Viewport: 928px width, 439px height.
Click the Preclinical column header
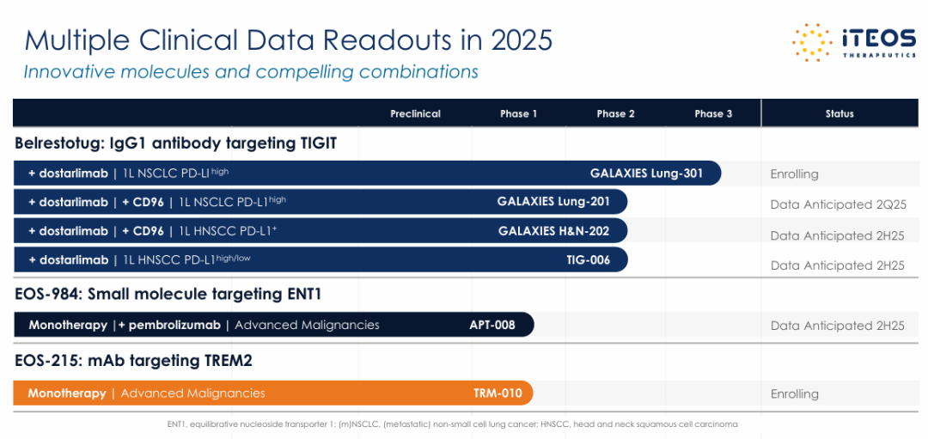pyautogui.click(x=415, y=113)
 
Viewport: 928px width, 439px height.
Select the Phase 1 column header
pyautogui.click(x=518, y=113)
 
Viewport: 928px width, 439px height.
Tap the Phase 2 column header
pyautogui.click(x=616, y=113)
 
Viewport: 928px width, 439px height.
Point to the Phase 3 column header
pyautogui.click(x=713, y=113)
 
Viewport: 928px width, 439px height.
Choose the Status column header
pyautogui.click(x=839, y=113)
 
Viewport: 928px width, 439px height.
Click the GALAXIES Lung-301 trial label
pyautogui.click(x=646, y=174)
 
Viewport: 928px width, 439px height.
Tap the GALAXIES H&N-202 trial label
pyautogui.click(x=554, y=232)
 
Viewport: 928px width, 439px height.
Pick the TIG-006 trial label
pyautogui.click(x=588, y=259)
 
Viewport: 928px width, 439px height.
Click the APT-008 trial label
pyautogui.click(x=492, y=325)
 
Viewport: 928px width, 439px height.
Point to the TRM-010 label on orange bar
pyautogui.click(x=498, y=393)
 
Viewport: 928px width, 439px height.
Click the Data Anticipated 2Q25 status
pyautogui.click(x=838, y=204)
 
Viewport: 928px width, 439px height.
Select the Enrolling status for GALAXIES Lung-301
pyautogui.click(x=794, y=174)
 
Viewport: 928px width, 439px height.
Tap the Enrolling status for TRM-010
pyautogui.click(x=794, y=394)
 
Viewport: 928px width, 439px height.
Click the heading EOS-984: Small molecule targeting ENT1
pyautogui.click(x=168, y=294)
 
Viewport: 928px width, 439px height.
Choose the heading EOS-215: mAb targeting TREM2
pyautogui.click(x=134, y=361)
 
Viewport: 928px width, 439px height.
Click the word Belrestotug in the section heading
pyautogui.click(x=56, y=143)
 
